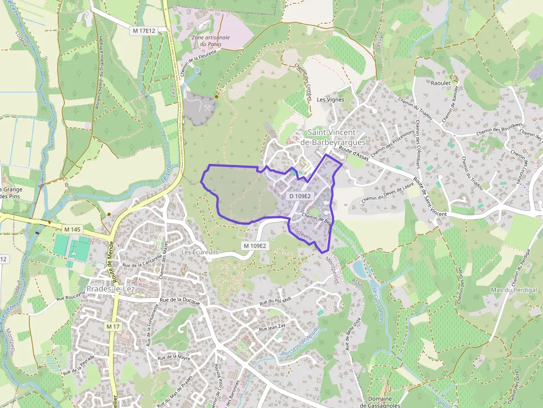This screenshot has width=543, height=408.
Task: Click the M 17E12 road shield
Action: [x=144, y=31]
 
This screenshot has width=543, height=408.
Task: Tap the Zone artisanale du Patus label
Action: [x=210, y=40]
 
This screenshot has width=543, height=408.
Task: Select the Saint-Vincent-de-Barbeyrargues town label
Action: [x=332, y=137]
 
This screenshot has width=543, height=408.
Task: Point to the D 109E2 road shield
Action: [x=300, y=196]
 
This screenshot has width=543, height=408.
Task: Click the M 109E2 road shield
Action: [x=255, y=246]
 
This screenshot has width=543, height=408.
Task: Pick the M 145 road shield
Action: [x=72, y=229]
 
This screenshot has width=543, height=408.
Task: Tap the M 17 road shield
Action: [x=112, y=327]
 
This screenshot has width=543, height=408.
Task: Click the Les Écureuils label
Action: [x=201, y=252]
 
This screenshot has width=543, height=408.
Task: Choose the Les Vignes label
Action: [x=330, y=100]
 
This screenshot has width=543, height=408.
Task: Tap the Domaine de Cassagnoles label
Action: [x=380, y=402]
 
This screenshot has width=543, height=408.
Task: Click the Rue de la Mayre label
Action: [x=174, y=358]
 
